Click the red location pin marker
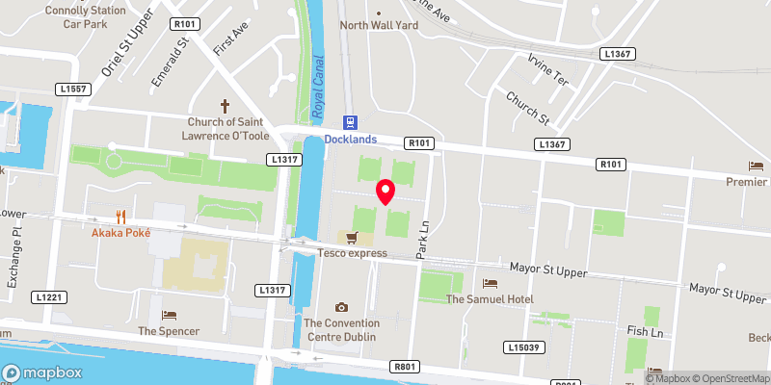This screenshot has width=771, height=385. click(385, 192)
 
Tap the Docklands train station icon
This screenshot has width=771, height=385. click(350, 123)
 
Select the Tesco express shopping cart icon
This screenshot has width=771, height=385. click(352, 238)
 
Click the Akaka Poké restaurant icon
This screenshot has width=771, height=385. click(121, 217)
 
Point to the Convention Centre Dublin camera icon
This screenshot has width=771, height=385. click(339, 307)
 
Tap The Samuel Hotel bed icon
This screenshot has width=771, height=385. click(490, 284)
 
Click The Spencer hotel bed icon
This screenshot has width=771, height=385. click(169, 315)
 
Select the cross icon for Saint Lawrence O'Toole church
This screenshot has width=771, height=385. click(226, 106)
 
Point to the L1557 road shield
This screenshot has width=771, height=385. click(71, 90)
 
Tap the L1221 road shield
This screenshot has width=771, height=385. click(48, 297)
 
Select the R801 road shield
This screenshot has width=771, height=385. click(405, 367)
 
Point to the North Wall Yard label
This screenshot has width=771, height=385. click(379, 26)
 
